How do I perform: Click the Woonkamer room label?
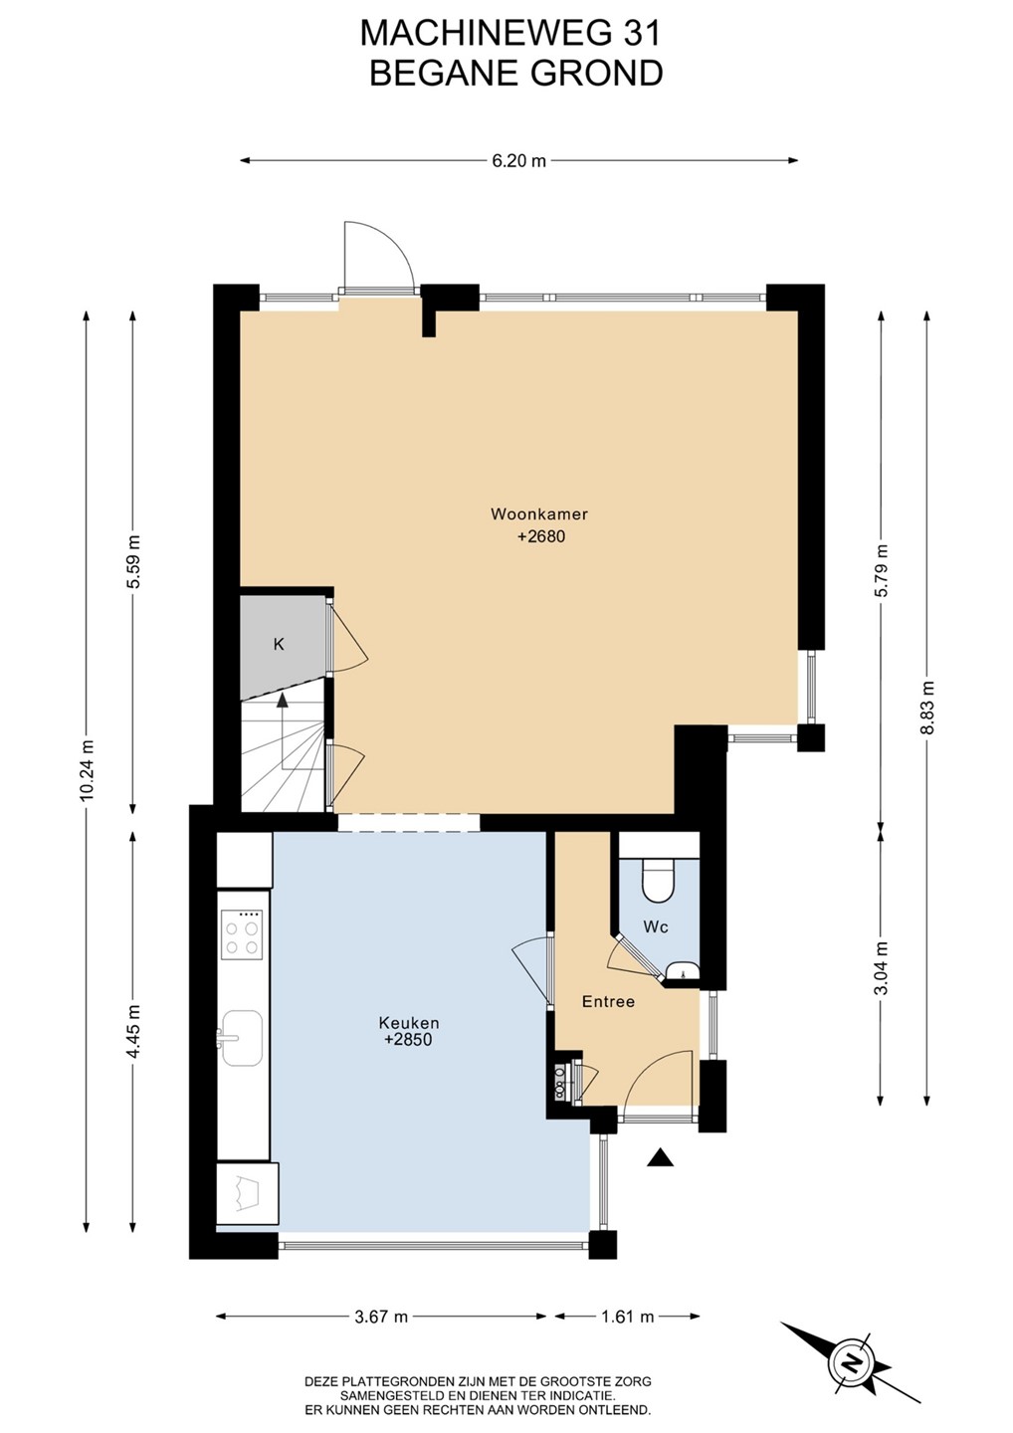tap(539, 513)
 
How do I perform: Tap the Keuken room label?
tap(409, 1022)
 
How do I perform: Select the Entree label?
tap(608, 1001)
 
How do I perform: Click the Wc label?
tap(656, 926)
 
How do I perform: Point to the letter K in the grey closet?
tap(279, 644)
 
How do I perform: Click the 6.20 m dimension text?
tap(518, 160)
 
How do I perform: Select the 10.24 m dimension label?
tap(87, 770)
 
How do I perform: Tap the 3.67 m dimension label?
tap(381, 1316)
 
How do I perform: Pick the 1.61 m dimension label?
tap(627, 1316)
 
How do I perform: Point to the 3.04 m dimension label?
tap(883, 968)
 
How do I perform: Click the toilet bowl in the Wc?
tap(658, 881)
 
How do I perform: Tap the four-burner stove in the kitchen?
tap(242, 935)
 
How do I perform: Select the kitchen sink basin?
tap(241, 1038)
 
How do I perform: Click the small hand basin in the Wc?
tap(683, 971)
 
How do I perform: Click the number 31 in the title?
tap(642, 33)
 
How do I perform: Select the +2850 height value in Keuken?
tap(409, 1040)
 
